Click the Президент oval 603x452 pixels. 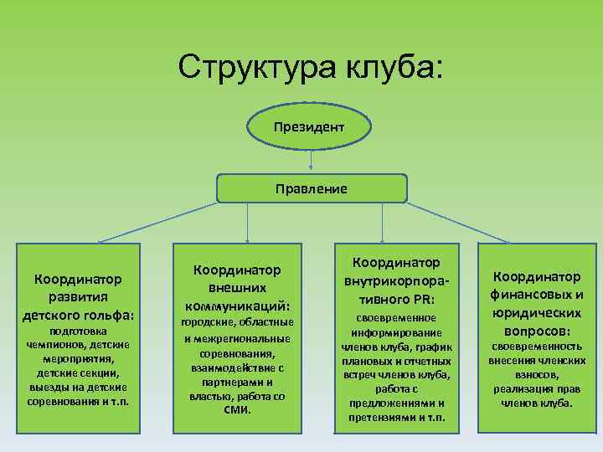click(310, 126)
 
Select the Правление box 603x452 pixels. click(312, 189)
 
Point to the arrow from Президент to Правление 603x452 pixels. click(311, 161)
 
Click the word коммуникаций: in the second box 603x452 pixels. click(237, 305)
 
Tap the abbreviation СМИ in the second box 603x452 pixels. click(237, 410)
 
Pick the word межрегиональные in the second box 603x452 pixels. click(237, 338)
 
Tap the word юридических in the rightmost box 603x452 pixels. click(537, 312)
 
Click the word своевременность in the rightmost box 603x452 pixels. click(536, 346)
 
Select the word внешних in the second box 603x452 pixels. click(237, 287)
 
